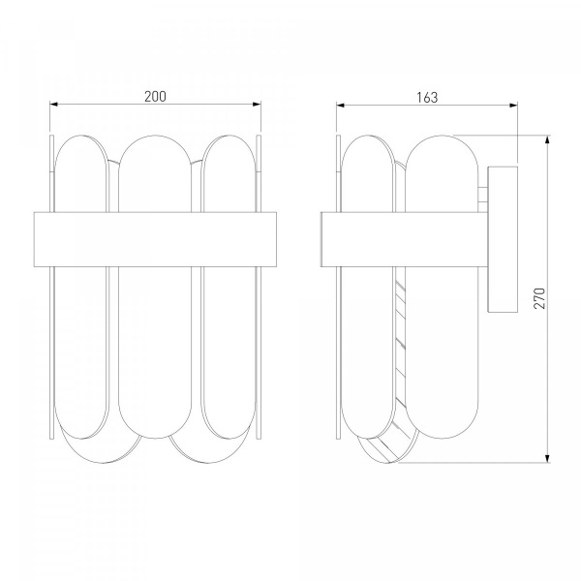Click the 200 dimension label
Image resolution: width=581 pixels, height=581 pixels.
click(x=155, y=97)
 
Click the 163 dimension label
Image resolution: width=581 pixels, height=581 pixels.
click(x=427, y=98)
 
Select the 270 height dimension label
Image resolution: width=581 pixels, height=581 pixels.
click(x=539, y=298)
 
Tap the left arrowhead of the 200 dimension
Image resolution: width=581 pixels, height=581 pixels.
click(x=53, y=105)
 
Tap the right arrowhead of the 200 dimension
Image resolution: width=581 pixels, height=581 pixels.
click(x=257, y=105)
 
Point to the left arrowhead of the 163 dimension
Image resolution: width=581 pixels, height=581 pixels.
click(x=341, y=106)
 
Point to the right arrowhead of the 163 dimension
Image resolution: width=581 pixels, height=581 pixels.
click(x=513, y=106)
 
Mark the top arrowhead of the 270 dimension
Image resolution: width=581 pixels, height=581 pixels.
click(x=547, y=139)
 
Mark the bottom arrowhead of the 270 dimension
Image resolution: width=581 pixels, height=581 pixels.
click(x=547, y=458)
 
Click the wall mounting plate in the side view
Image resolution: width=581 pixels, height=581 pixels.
click(x=503, y=239)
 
